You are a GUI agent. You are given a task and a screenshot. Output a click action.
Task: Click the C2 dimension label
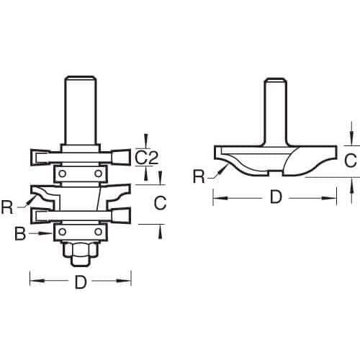146,158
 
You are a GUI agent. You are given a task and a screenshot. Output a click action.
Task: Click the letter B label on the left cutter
20,233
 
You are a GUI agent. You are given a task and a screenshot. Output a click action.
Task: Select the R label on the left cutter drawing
7,208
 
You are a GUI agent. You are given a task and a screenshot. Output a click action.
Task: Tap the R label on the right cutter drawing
199,177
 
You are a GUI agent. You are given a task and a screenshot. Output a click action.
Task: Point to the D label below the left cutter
81,282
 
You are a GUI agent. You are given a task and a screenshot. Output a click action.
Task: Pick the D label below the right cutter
276,197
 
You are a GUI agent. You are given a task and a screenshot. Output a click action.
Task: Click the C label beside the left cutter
160,203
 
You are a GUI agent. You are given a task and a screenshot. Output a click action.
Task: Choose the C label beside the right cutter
351,161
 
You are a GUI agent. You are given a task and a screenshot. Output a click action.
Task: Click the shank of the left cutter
81,110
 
